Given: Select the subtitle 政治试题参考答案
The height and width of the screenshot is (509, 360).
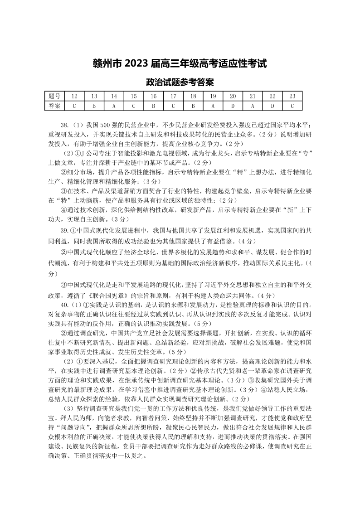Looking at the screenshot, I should point(180,83).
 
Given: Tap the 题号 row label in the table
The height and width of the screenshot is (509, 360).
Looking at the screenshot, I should point(54,97).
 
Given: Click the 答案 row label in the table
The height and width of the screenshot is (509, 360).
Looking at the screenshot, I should point(54,106).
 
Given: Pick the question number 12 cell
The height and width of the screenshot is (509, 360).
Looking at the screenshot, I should point(74,97).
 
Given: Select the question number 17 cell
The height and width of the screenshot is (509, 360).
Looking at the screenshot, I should point(173,97).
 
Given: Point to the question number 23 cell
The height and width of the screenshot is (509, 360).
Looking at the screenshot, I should point(292,97).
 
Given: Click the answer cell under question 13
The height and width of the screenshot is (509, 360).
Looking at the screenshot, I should point(94,106).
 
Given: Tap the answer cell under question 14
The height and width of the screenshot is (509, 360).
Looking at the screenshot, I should point(114,106).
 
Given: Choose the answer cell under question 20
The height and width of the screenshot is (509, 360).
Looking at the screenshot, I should point(233,106).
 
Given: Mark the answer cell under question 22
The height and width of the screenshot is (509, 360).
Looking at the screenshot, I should point(272,106).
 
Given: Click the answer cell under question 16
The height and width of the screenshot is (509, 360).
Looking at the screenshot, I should point(153,106).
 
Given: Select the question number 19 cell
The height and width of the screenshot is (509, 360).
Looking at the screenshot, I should point(213,97).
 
